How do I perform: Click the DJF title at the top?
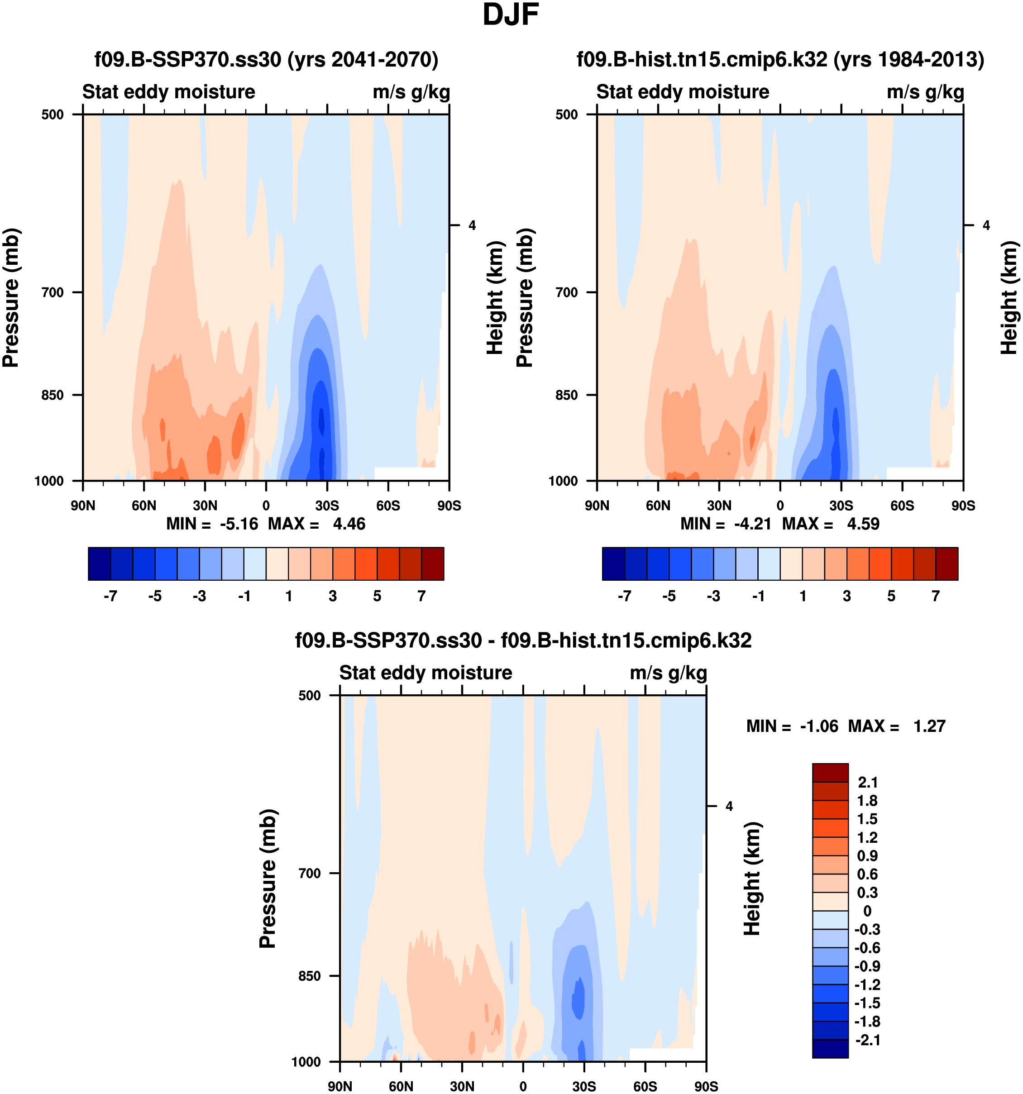pyautogui.click(x=510, y=15)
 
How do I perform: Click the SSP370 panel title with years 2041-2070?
pyautogui.click(x=266, y=59)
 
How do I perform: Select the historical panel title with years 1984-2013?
pyautogui.click(x=780, y=59)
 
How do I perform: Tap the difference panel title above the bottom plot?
pyautogui.click(x=523, y=640)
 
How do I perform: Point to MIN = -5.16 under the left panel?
pyautogui.click(x=212, y=524)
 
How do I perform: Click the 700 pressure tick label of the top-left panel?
pyautogui.click(x=53, y=293)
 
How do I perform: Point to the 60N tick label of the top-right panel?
pyautogui.click(x=658, y=506)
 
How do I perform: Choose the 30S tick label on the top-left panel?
pyautogui.click(x=327, y=506)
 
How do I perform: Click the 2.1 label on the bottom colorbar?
pyautogui.click(x=868, y=783)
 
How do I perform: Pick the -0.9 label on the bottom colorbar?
pyautogui.click(x=867, y=966)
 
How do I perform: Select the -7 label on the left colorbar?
pyautogui.click(x=110, y=597)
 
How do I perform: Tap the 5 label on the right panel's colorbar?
pyautogui.click(x=891, y=597)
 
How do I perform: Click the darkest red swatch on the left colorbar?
pyautogui.click(x=433, y=564)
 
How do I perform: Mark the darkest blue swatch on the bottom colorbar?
pyautogui.click(x=830, y=1048)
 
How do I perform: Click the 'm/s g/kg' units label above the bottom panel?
pyautogui.click(x=668, y=673)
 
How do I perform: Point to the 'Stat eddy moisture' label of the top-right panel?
pyautogui.click(x=682, y=92)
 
